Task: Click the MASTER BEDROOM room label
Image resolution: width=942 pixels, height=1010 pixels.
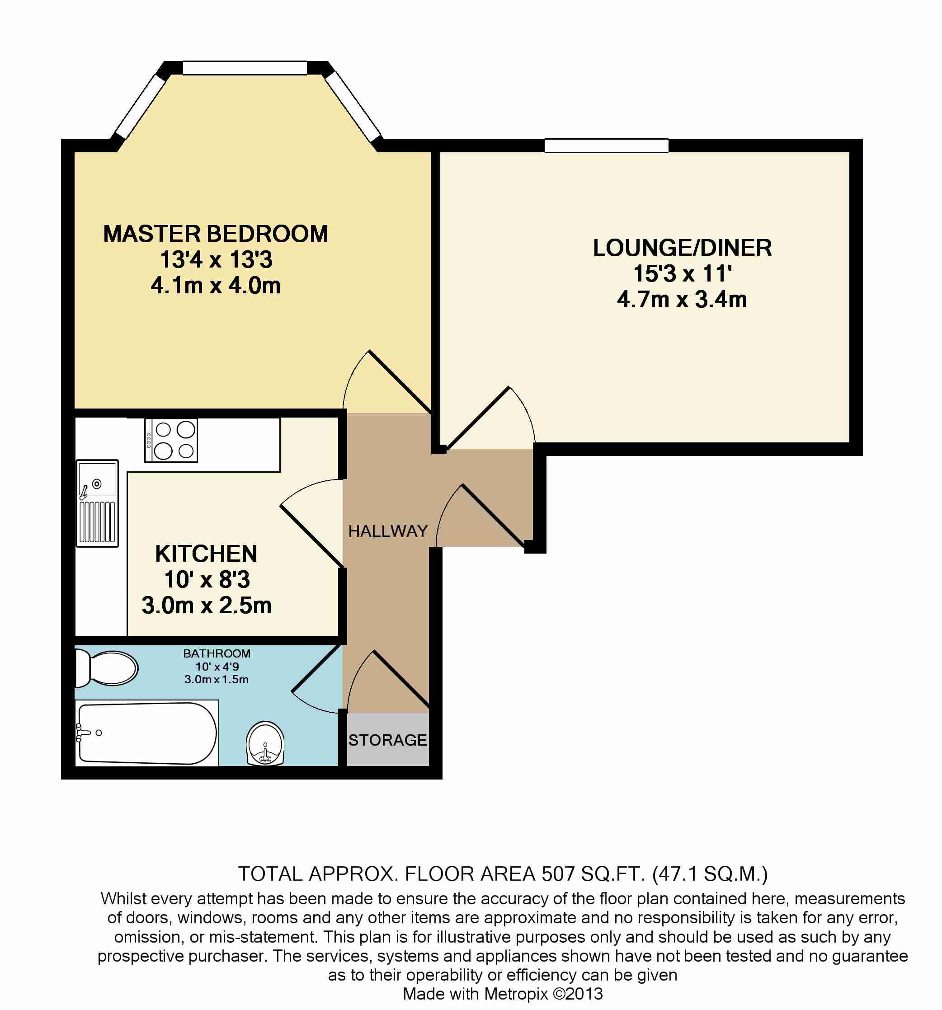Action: (x=216, y=234)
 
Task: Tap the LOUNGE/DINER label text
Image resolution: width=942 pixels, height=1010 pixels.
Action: (x=682, y=248)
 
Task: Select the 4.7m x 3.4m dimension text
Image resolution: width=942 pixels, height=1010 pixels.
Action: (x=682, y=300)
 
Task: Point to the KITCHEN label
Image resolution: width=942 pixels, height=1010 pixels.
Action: (x=206, y=554)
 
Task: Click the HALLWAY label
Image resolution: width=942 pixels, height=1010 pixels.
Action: (x=388, y=531)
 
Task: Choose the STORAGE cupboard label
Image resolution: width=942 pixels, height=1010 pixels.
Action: (x=388, y=740)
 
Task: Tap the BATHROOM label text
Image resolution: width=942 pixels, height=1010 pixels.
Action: (x=217, y=654)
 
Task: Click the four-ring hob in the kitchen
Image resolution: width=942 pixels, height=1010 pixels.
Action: (x=171, y=440)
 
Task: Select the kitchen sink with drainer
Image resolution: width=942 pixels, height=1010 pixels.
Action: (x=97, y=503)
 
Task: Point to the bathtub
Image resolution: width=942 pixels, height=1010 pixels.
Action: (x=146, y=733)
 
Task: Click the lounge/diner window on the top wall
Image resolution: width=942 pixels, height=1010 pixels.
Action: (x=606, y=146)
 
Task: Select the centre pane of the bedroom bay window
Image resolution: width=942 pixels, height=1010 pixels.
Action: (x=245, y=68)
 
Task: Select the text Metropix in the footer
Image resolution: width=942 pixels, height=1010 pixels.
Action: (x=516, y=994)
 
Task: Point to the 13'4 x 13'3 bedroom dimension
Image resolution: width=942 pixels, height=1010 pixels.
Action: (x=217, y=260)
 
